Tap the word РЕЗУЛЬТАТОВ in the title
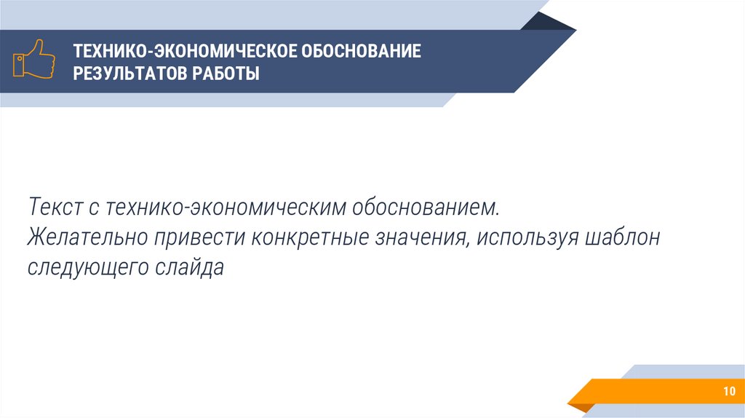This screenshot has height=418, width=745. coord(130,74)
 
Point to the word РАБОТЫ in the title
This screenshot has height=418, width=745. coord(226,74)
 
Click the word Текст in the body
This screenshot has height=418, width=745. coord(56,208)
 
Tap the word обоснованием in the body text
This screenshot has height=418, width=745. coord(427,208)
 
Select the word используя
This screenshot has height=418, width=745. coord(528,237)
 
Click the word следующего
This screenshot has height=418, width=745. coord(88,267)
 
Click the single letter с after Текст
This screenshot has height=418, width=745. coord(95,208)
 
